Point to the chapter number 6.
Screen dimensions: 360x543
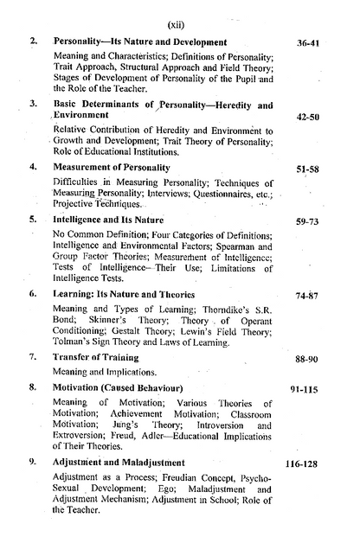click(x=33, y=293)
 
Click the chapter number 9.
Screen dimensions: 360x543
click(x=33, y=462)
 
